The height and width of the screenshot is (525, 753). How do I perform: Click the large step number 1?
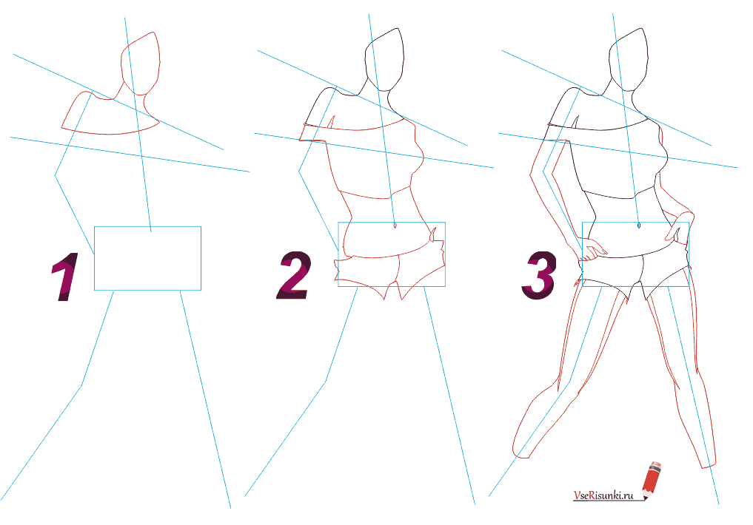pyautogui.click(x=65, y=277)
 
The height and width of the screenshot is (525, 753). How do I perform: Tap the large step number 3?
pyautogui.click(x=539, y=276)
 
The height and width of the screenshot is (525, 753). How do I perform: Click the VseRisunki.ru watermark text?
pyautogui.click(x=603, y=495)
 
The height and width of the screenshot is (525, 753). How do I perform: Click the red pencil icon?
pyautogui.click(x=651, y=479)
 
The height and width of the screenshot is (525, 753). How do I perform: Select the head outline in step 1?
pyautogui.click(x=140, y=64)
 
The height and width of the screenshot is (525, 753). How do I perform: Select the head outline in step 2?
pyautogui.click(x=384, y=59)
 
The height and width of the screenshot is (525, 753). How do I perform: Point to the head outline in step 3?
pyautogui.click(x=629, y=59)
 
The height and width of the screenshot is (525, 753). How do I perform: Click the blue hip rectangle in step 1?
pyautogui.click(x=147, y=227)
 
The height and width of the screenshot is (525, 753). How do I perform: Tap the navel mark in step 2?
pyautogui.click(x=395, y=226)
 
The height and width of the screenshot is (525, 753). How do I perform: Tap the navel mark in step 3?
pyautogui.click(x=639, y=226)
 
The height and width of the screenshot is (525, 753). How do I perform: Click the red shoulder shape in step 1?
pyautogui.click(x=110, y=112)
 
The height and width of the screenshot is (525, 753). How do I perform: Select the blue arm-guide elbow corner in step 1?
pyautogui.click(x=56, y=175)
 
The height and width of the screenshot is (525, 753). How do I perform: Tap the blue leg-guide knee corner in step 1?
pyautogui.click(x=82, y=385)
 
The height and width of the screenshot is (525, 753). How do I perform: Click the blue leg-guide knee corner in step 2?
pyautogui.click(x=327, y=382)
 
